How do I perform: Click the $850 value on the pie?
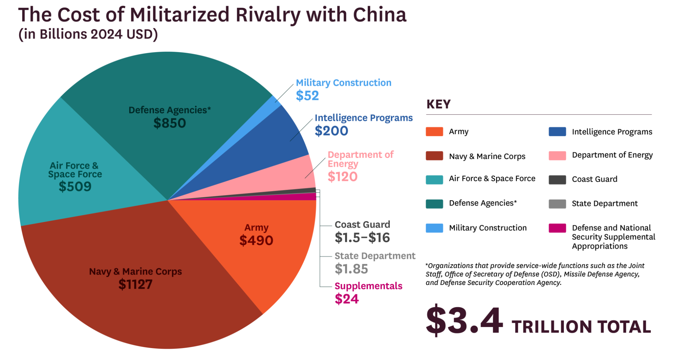[x=170, y=123]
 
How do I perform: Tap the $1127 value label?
[x=135, y=284]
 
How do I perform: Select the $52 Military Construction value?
[x=307, y=96]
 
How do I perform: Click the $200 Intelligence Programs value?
[x=331, y=131]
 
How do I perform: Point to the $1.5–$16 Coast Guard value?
[x=362, y=238]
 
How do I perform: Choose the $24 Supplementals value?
[x=347, y=299]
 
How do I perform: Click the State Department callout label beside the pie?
[x=375, y=256]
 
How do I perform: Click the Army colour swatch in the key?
[x=434, y=132]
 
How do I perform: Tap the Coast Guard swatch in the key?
[x=557, y=179]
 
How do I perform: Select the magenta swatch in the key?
[x=557, y=228]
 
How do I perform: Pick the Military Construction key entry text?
[x=488, y=228]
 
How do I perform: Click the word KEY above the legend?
[x=438, y=104]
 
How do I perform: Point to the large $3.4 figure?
[x=464, y=320]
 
